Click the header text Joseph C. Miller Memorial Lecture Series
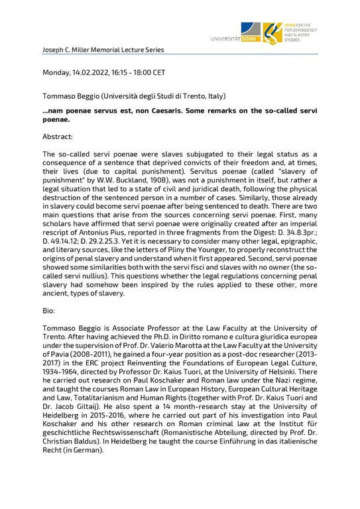[103, 50]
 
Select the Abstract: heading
[58, 137]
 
